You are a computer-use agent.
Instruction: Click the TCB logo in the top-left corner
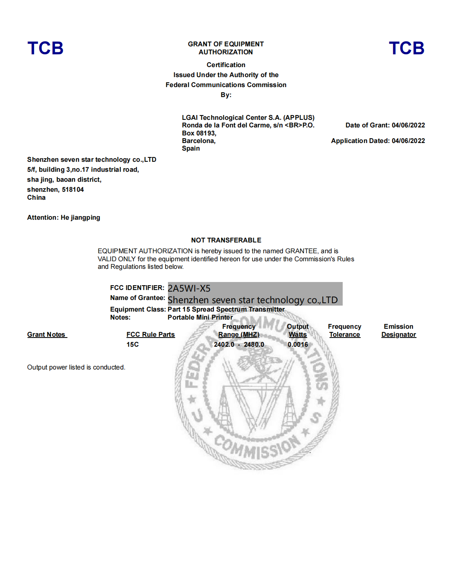[x=45, y=48]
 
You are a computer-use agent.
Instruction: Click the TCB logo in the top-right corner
[x=407, y=48]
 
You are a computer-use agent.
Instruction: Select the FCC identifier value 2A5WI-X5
[x=189, y=288]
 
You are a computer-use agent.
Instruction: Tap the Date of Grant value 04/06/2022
[x=408, y=125]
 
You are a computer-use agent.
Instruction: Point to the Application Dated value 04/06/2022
[x=408, y=141]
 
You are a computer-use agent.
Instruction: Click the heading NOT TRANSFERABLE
[x=226, y=240]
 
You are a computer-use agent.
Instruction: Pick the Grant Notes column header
[x=46, y=335]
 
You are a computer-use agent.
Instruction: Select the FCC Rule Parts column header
[x=150, y=335]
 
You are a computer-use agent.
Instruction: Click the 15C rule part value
[x=132, y=344]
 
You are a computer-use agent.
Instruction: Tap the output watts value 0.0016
[x=298, y=344]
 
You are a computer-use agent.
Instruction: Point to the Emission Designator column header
[x=399, y=331]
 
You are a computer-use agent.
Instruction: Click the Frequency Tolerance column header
[x=345, y=331]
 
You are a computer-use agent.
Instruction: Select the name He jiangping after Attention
[x=81, y=218]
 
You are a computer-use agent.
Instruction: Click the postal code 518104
[x=73, y=190]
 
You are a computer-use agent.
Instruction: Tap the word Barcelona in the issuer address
[x=198, y=141]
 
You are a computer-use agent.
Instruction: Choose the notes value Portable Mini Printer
[x=200, y=318]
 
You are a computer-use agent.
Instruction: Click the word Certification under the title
[x=226, y=65]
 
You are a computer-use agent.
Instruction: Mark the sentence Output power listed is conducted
[x=76, y=367]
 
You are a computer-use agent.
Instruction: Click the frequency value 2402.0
[x=224, y=344]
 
